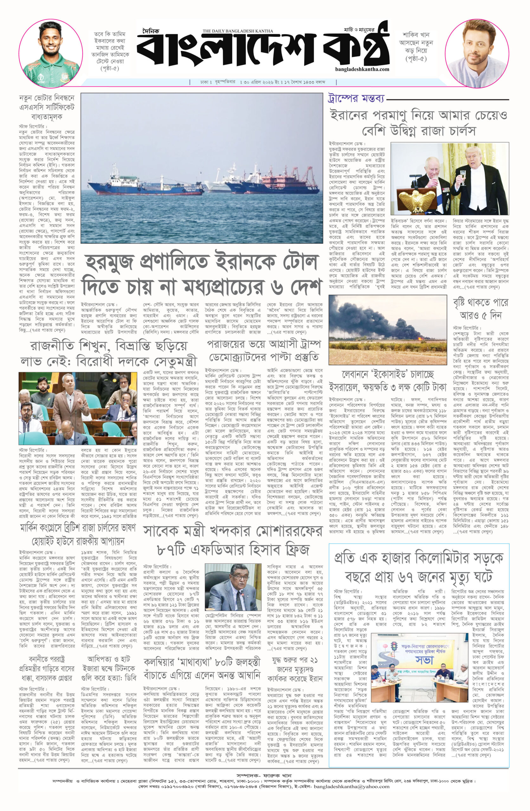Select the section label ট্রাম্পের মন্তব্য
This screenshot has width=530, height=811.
[x=356, y=99]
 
